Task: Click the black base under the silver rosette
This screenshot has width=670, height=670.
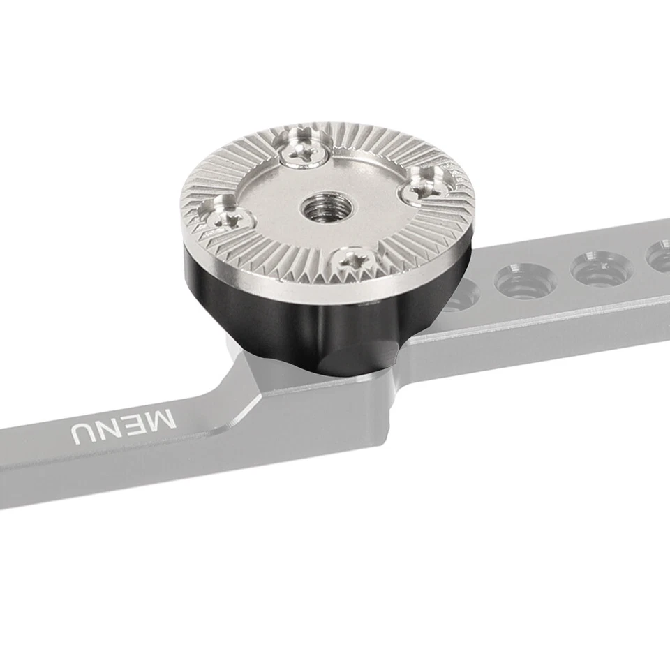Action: (279, 307)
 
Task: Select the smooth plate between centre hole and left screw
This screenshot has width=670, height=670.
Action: (269, 209)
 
